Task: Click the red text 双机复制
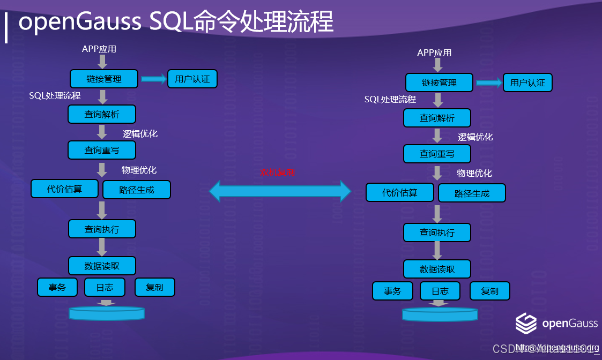click(x=277, y=172)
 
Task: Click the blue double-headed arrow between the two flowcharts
click(x=280, y=190)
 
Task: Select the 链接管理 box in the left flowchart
click(x=104, y=79)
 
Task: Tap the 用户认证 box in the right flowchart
click(x=527, y=82)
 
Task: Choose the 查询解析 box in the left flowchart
click(x=102, y=114)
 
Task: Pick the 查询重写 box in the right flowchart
click(x=437, y=154)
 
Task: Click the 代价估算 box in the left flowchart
click(x=65, y=189)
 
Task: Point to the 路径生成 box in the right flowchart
click(x=472, y=193)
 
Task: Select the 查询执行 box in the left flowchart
click(x=102, y=229)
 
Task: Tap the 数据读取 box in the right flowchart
click(x=437, y=269)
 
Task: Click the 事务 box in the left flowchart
click(x=57, y=287)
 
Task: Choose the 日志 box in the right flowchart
click(x=440, y=291)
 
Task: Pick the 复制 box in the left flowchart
click(x=154, y=287)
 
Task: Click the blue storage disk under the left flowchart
click(x=107, y=313)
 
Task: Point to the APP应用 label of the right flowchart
click(x=434, y=52)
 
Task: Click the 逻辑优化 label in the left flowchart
click(x=140, y=133)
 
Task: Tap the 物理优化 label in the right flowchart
click(x=474, y=173)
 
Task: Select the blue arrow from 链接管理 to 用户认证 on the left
click(x=154, y=79)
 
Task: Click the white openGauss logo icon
click(x=526, y=323)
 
